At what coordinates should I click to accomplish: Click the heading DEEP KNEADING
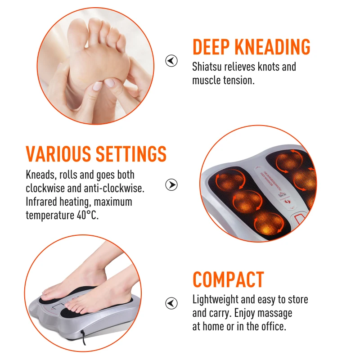click(251, 47)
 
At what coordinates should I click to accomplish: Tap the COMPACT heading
click(228, 279)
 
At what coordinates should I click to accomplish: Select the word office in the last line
click(272, 326)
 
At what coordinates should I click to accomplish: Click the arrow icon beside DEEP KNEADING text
click(171, 61)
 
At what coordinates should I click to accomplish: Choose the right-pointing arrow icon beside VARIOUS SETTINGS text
click(171, 184)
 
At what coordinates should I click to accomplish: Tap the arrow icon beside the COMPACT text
click(171, 302)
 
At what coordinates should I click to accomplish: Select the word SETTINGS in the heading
click(131, 154)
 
